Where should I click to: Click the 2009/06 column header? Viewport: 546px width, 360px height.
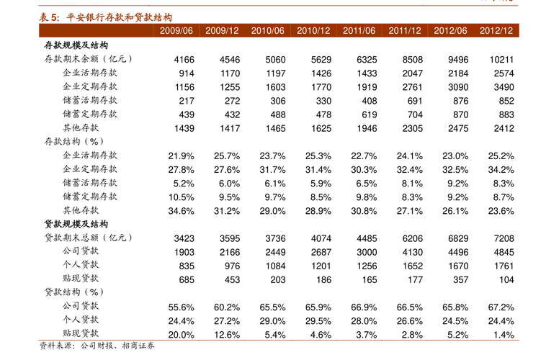click(x=176, y=30)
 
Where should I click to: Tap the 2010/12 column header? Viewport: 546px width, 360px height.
click(x=313, y=30)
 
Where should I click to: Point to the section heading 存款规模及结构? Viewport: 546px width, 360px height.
click(x=76, y=45)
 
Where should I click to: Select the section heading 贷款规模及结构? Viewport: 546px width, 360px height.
click(x=76, y=224)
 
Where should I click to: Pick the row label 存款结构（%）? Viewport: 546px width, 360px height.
click(x=74, y=142)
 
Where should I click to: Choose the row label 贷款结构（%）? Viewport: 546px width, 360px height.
click(x=74, y=292)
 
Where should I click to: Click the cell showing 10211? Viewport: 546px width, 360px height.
click(x=501, y=60)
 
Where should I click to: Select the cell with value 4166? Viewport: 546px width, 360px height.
click(x=184, y=60)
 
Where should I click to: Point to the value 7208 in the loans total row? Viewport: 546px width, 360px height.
click(x=503, y=238)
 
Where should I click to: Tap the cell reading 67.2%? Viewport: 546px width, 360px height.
click(x=501, y=307)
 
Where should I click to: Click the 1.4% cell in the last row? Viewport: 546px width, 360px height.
click(x=504, y=334)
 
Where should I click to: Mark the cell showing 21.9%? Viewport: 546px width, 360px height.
click(x=181, y=156)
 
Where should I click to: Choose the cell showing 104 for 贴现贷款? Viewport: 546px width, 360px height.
click(x=506, y=279)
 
